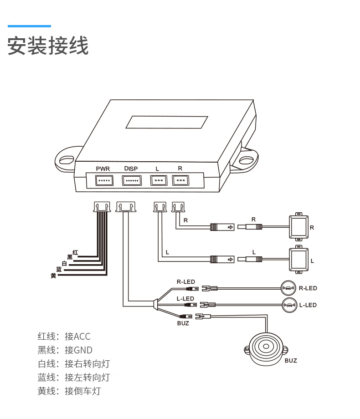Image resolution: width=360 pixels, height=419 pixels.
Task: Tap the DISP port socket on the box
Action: pyautogui.click(x=131, y=181)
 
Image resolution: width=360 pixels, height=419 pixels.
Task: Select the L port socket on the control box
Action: pyautogui.click(x=158, y=181)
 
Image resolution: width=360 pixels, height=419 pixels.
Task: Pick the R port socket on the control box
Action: pyautogui.click(x=180, y=181)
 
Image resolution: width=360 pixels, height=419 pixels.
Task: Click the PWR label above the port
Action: pyautogui.click(x=103, y=169)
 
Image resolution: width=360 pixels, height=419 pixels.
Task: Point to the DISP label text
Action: pyautogui.click(x=131, y=169)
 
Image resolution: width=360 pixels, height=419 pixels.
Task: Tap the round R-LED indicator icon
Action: pyautogui.click(x=288, y=288)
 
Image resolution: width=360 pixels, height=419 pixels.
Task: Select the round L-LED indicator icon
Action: pyautogui.click(x=288, y=305)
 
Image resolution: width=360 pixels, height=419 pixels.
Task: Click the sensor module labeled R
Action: pyautogui.click(x=299, y=226)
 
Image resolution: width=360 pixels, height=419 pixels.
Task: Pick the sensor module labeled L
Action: pyautogui.click(x=299, y=260)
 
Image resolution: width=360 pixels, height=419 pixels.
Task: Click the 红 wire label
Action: pyautogui.click(x=75, y=252)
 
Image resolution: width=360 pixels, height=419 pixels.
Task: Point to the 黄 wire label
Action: pyautogui.click(x=53, y=276)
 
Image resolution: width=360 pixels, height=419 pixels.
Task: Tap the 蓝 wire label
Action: pyautogui.click(x=59, y=270)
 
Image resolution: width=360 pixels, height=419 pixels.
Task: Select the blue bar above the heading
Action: pyautogui.click(x=29, y=26)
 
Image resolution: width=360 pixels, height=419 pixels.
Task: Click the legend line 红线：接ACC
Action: pyautogui.click(x=64, y=337)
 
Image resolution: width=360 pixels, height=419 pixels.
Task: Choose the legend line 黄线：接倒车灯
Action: pyautogui.click(x=69, y=391)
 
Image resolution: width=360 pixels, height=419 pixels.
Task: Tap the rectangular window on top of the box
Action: pyautogui.click(x=167, y=123)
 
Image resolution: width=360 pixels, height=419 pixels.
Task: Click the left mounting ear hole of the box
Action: pyautogui.click(x=67, y=159)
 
